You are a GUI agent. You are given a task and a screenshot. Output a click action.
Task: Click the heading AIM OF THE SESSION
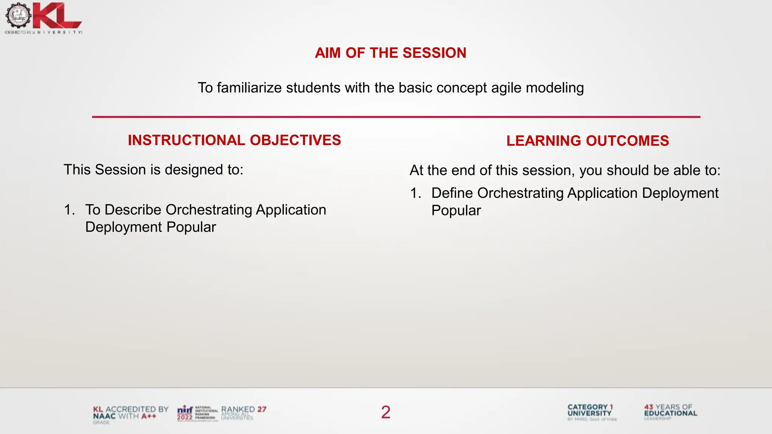pos(391,53)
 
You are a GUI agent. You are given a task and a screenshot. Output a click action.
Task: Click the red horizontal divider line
pos(396,117)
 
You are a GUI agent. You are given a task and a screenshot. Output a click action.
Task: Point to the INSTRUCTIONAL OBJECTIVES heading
pos(234,140)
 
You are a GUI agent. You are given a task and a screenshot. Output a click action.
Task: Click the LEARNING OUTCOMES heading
pos(587,141)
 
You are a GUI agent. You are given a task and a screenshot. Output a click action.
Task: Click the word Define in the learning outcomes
pos(452,193)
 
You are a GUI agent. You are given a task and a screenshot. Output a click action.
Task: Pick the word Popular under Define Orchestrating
pos(456,211)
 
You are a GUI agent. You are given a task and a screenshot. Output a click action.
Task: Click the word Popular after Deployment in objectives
pos(191,227)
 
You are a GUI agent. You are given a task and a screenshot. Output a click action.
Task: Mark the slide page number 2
pos(386,412)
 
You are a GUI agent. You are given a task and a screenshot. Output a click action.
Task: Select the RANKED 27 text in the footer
pos(244,410)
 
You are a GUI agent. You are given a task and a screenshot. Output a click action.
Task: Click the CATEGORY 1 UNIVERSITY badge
pos(591,412)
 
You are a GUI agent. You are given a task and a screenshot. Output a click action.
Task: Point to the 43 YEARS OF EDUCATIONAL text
pos(670,411)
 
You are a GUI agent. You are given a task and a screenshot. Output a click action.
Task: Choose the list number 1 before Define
pos(415,193)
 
